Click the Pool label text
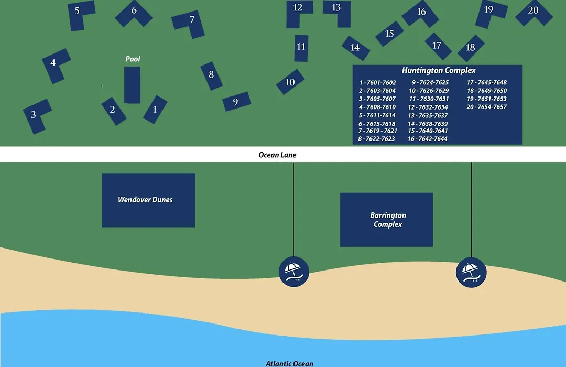click(133, 59)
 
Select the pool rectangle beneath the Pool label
click(132, 85)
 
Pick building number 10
click(290, 82)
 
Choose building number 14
click(355, 48)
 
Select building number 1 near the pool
click(155, 110)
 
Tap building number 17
click(438, 46)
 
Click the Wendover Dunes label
click(145, 200)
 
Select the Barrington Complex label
click(388, 220)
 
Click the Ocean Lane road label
click(277, 155)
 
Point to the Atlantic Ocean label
click(289, 363)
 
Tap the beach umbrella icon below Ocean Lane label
click(294, 272)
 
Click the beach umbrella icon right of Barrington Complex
click(471, 272)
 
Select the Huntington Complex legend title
click(439, 70)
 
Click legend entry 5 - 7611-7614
click(377, 115)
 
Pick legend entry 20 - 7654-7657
click(486, 107)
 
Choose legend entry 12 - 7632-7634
click(428, 107)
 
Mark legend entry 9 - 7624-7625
click(430, 82)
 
